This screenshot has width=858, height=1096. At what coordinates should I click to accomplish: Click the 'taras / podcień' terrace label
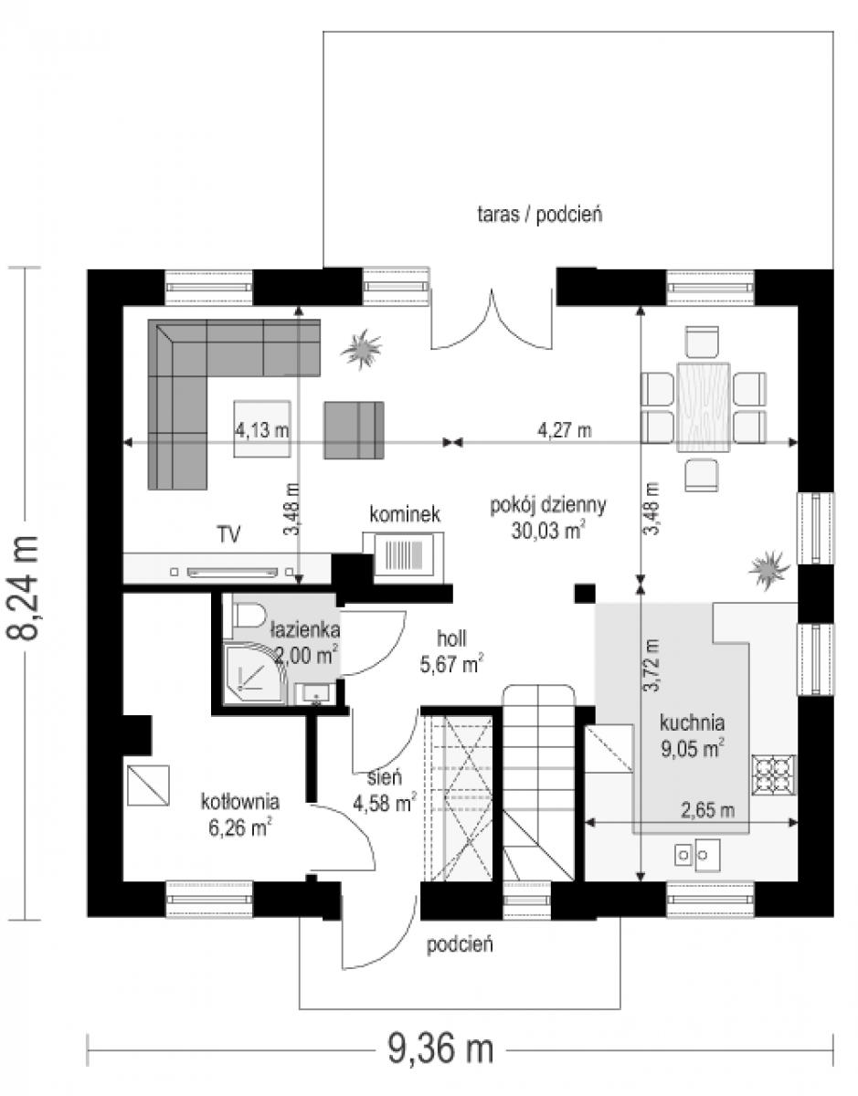coord(540,216)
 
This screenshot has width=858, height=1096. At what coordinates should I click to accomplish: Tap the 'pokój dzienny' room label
coord(548,505)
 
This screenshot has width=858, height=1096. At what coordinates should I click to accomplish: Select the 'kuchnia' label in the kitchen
coord(692,722)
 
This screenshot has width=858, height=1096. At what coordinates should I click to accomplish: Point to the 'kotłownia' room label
coord(240,801)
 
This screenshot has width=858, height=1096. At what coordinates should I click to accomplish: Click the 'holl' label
coord(451,638)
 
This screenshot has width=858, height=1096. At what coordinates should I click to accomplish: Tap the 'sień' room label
coord(385,778)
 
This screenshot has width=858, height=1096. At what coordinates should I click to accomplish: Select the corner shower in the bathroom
coord(254,673)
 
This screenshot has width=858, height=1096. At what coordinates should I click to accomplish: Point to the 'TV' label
coord(228,534)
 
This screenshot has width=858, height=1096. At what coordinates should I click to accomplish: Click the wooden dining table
coord(704,406)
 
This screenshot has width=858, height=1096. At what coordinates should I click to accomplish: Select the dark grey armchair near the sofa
coord(354,430)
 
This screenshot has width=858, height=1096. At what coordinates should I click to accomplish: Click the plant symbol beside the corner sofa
coord(361,349)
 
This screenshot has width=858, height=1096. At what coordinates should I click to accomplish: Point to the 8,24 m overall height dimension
coord(24,589)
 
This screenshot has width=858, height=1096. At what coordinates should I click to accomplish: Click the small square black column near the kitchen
coord(585,593)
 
